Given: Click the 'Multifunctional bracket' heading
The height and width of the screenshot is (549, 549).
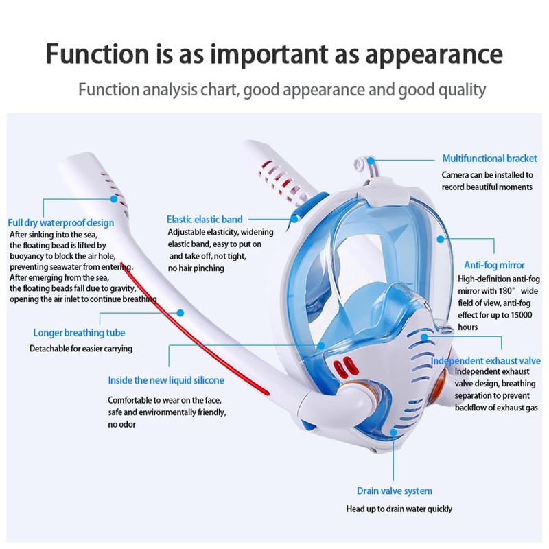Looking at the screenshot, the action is (x=489, y=159).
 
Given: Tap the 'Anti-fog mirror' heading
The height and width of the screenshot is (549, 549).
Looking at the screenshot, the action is (x=494, y=265).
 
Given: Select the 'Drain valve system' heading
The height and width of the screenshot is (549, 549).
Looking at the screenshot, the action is (x=394, y=491).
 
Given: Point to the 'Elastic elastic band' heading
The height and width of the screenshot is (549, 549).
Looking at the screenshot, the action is (x=205, y=219).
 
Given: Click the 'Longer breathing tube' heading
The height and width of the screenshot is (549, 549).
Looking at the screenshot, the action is (x=79, y=333).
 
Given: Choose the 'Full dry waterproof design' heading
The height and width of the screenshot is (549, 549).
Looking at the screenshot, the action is (x=60, y=223).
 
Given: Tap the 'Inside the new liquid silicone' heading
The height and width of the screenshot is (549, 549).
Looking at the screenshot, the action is (x=166, y=380).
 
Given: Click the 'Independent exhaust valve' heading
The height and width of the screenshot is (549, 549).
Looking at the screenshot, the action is (x=485, y=361).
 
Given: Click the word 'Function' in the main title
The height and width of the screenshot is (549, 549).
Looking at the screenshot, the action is (x=97, y=54).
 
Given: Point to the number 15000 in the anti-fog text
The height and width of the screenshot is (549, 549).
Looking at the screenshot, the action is (x=521, y=315).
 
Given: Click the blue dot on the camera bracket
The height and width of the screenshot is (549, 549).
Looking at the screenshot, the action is (x=371, y=161).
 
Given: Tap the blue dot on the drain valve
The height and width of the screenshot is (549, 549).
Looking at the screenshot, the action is (x=393, y=432).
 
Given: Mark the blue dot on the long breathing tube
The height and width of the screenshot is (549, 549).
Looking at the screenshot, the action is (x=180, y=313).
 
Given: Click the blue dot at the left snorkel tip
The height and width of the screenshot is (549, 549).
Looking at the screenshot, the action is (x=114, y=199).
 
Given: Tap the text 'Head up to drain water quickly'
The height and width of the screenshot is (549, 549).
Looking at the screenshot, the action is (x=399, y=509).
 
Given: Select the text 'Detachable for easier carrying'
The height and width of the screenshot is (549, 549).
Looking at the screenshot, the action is (x=81, y=349).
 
